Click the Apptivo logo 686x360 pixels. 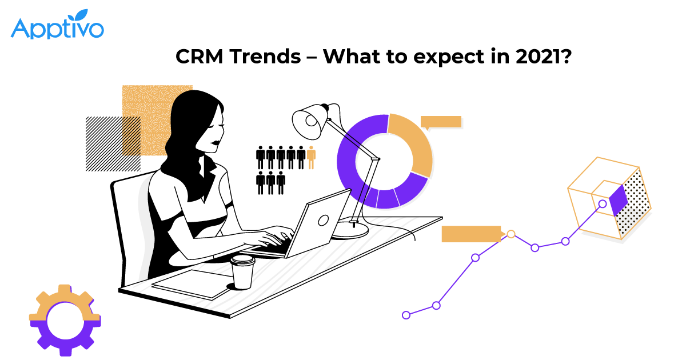(x=57, y=24)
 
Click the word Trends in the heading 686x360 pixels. (x=265, y=57)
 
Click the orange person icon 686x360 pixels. (x=311, y=157)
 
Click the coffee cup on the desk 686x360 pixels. (x=242, y=273)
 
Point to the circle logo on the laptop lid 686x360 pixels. (x=324, y=220)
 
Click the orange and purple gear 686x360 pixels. (x=65, y=320)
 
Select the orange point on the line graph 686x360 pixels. (x=511, y=234)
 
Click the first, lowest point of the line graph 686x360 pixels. (x=406, y=315)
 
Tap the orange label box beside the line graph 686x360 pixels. (x=472, y=234)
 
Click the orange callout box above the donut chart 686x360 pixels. (x=441, y=122)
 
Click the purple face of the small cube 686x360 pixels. (x=619, y=200)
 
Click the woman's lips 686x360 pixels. (x=216, y=143)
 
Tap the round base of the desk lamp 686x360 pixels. (x=350, y=230)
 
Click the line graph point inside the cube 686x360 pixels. (x=603, y=203)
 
